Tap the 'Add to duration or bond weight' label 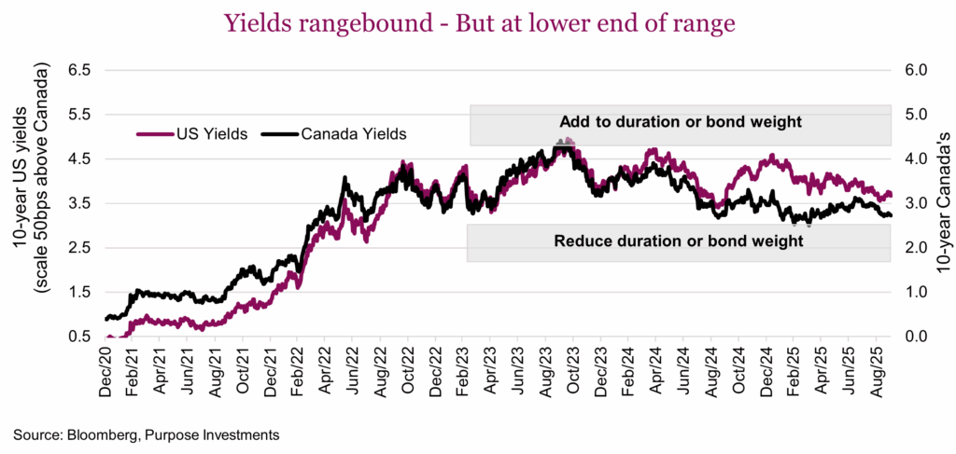tap(682, 122)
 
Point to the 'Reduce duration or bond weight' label tap(679, 241)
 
